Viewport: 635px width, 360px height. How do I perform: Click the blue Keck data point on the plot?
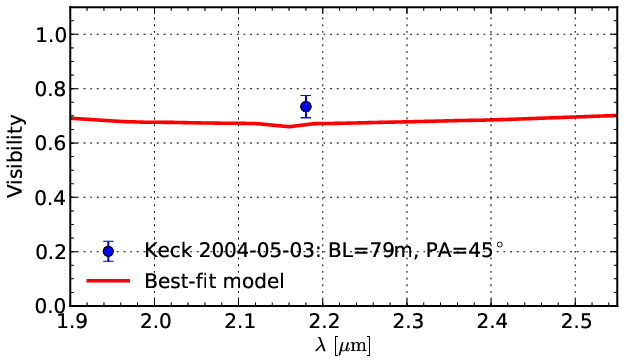pyautogui.click(x=306, y=107)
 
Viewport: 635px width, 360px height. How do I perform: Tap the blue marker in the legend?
pyautogui.click(x=108, y=251)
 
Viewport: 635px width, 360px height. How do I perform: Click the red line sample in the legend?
pyautogui.click(x=108, y=281)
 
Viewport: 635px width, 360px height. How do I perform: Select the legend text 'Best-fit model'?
pyautogui.click(x=214, y=281)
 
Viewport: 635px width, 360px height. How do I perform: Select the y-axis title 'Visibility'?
pyautogui.click(x=15, y=156)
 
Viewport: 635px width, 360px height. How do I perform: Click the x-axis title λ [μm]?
pyautogui.click(x=343, y=346)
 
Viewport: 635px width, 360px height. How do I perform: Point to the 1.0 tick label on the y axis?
pyautogui.click(x=51, y=35)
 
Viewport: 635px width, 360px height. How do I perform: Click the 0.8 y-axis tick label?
pyautogui.click(x=51, y=89)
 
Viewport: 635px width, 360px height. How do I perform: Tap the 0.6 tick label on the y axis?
pyautogui.click(x=51, y=143)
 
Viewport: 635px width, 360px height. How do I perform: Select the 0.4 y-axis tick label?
pyautogui.click(x=51, y=198)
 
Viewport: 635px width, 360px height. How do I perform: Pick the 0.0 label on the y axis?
pyautogui.click(x=51, y=306)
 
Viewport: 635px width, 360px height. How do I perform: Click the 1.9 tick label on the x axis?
pyautogui.click(x=70, y=322)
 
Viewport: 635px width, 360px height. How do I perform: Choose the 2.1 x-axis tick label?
pyautogui.click(x=239, y=322)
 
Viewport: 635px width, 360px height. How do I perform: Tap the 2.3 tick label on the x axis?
pyautogui.click(x=407, y=322)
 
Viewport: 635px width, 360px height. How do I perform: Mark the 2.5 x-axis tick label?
pyautogui.click(x=575, y=322)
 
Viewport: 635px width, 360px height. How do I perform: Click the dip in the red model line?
pyautogui.click(x=289, y=126)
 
